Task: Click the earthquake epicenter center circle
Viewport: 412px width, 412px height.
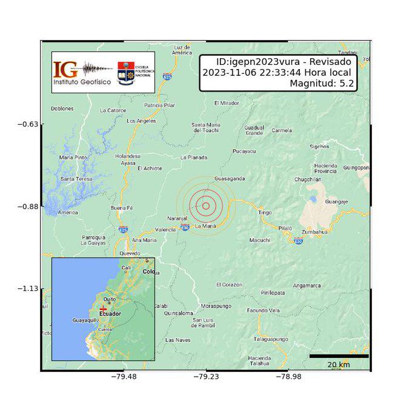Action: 206,205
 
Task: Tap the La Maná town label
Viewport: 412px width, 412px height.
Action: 205,226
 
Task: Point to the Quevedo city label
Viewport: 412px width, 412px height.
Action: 130,253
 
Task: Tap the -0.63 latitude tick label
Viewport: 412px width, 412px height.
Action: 27,124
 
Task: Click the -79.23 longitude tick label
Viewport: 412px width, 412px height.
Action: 206,377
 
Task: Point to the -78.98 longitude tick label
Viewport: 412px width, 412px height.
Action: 288,377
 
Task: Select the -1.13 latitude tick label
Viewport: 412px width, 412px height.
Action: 27,289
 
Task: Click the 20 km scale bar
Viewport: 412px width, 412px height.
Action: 339,356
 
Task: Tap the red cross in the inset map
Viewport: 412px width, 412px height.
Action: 103,309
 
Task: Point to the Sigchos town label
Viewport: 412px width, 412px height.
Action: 319,146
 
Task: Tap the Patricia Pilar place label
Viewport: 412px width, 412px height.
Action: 160,105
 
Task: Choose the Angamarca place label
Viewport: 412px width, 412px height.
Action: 307,285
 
